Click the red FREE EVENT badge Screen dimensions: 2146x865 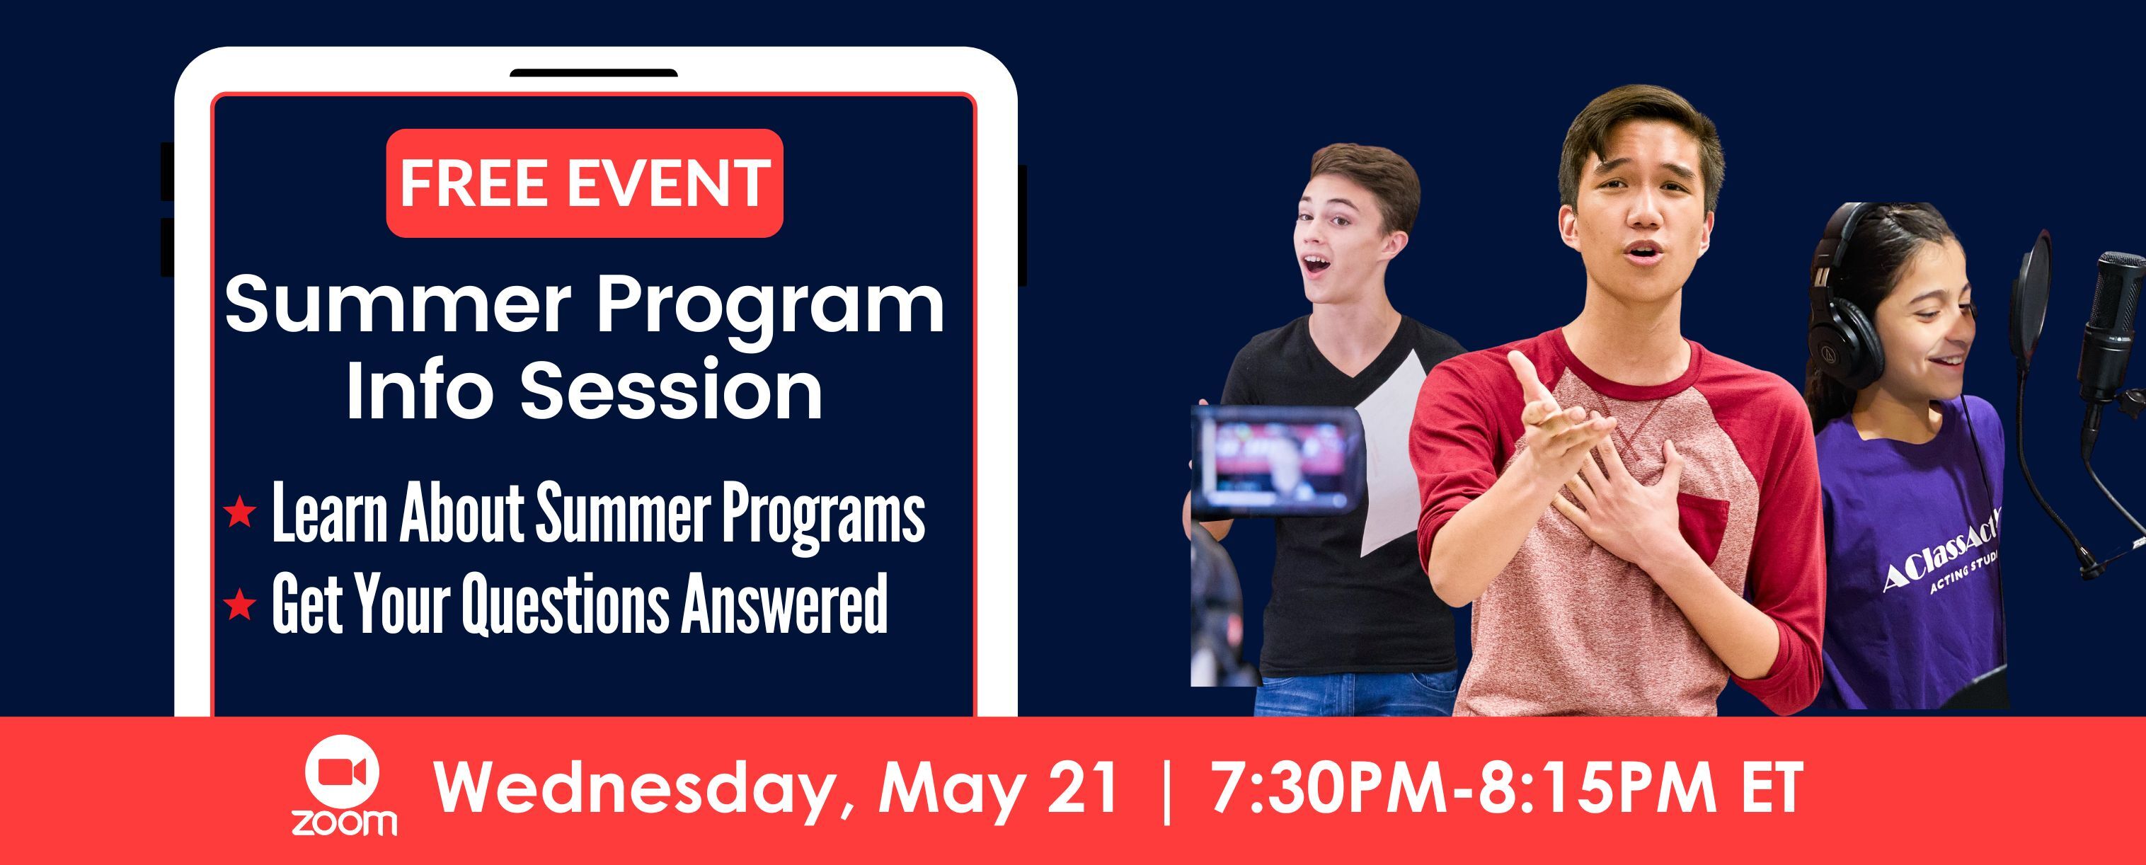584,183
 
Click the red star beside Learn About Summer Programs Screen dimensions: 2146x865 240,512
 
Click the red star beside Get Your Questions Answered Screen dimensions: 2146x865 240,605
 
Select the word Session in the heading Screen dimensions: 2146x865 672,391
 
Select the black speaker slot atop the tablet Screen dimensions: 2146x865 593,74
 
